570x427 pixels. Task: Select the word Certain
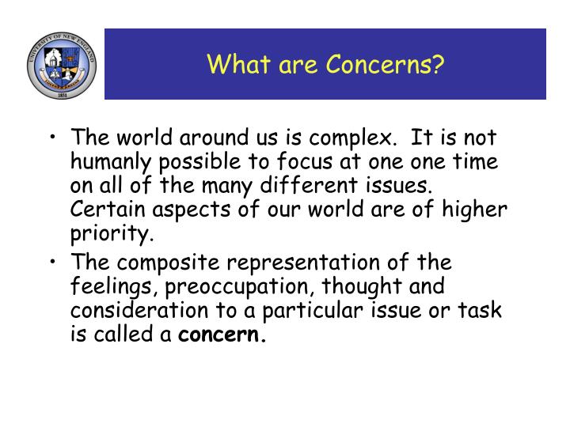[102, 210]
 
